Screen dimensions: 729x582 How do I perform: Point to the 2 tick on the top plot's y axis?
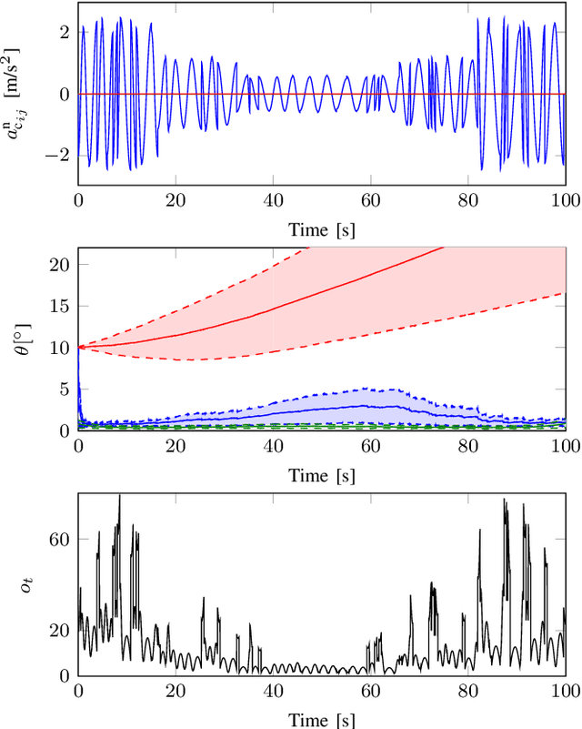(65, 32)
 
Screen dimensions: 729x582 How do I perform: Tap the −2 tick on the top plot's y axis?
(60, 155)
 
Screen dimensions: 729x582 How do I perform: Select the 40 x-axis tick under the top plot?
(274, 200)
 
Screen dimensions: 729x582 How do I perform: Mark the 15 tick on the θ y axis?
(60, 306)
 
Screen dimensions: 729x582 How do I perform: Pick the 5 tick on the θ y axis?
(65, 389)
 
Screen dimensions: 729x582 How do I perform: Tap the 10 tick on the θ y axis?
(60, 347)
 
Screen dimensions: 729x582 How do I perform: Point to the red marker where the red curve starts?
(79, 347)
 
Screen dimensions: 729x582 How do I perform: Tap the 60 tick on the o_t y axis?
(60, 540)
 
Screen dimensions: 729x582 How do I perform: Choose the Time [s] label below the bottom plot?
(322, 719)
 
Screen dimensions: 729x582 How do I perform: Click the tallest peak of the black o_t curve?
(119, 496)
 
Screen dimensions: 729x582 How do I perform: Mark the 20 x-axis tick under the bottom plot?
(176, 693)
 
